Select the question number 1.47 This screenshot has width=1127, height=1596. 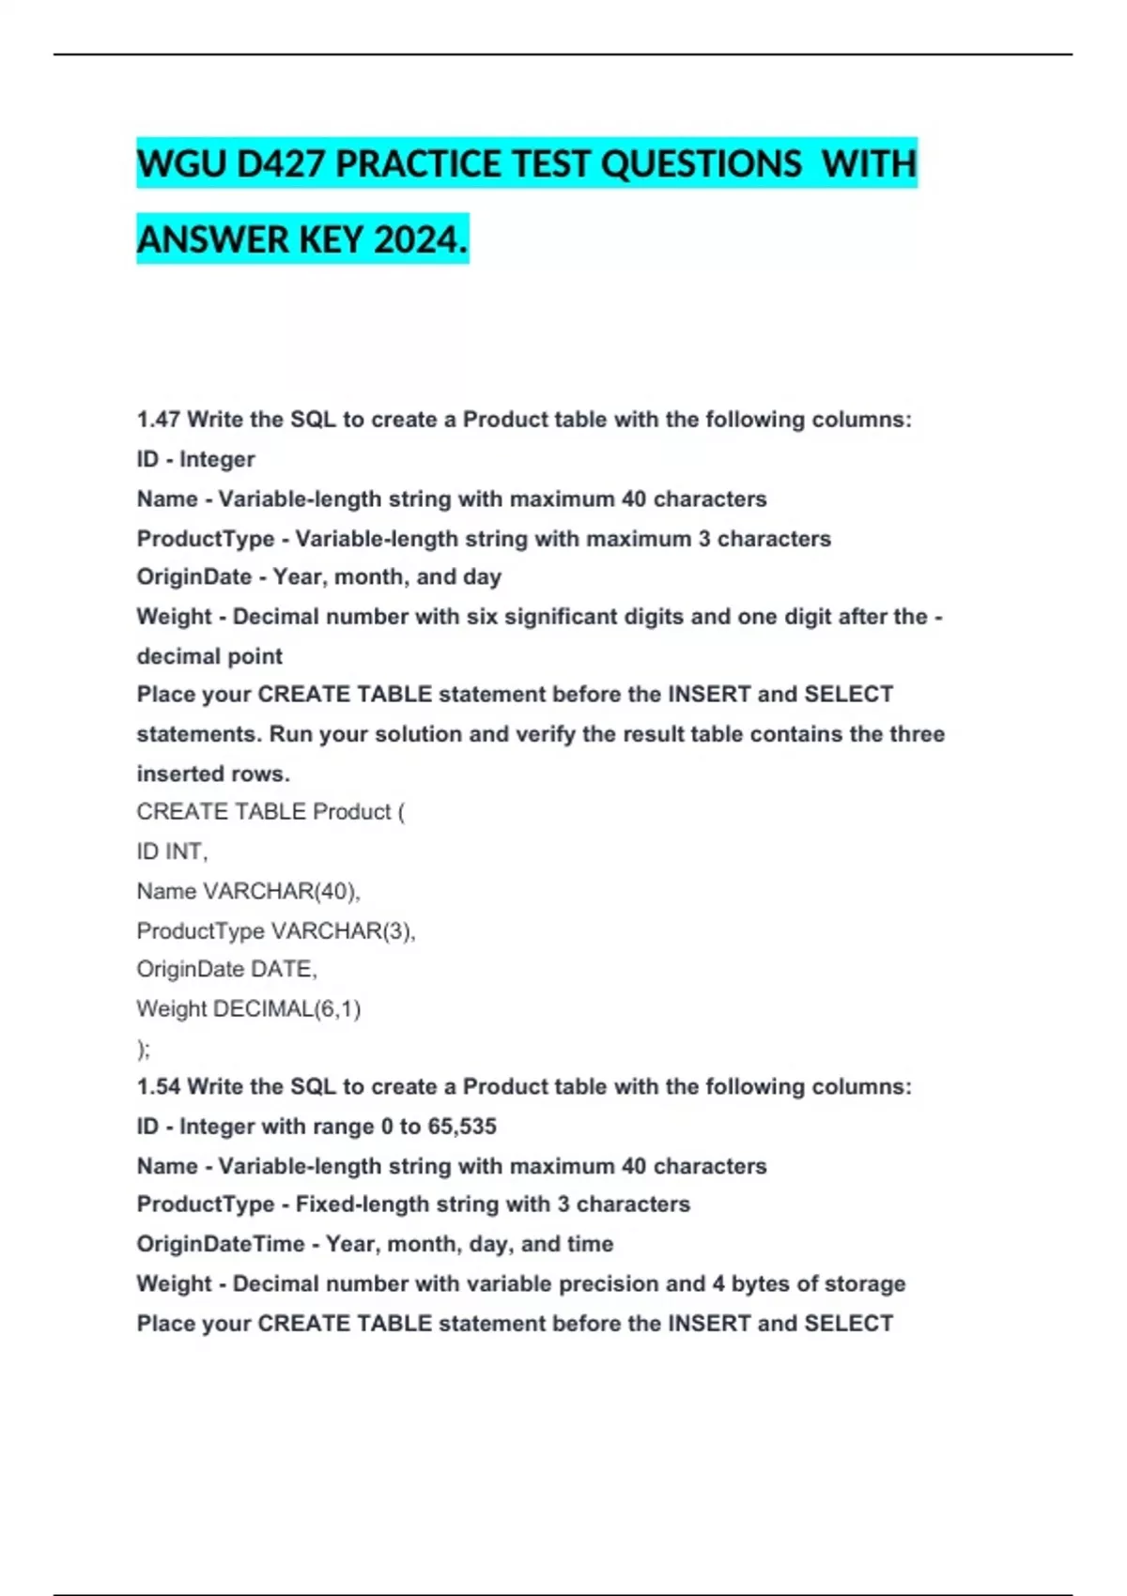(158, 420)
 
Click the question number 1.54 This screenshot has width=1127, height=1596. (158, 1087)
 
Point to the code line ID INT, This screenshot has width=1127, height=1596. (172, 852)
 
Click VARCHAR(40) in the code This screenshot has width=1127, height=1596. (282, 891)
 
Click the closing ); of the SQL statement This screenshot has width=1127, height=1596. (143, 1049)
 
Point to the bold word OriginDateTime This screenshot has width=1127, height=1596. (221, 1244)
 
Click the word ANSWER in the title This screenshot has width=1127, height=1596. (213, 240)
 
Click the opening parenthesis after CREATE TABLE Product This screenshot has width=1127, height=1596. (401, 812)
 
